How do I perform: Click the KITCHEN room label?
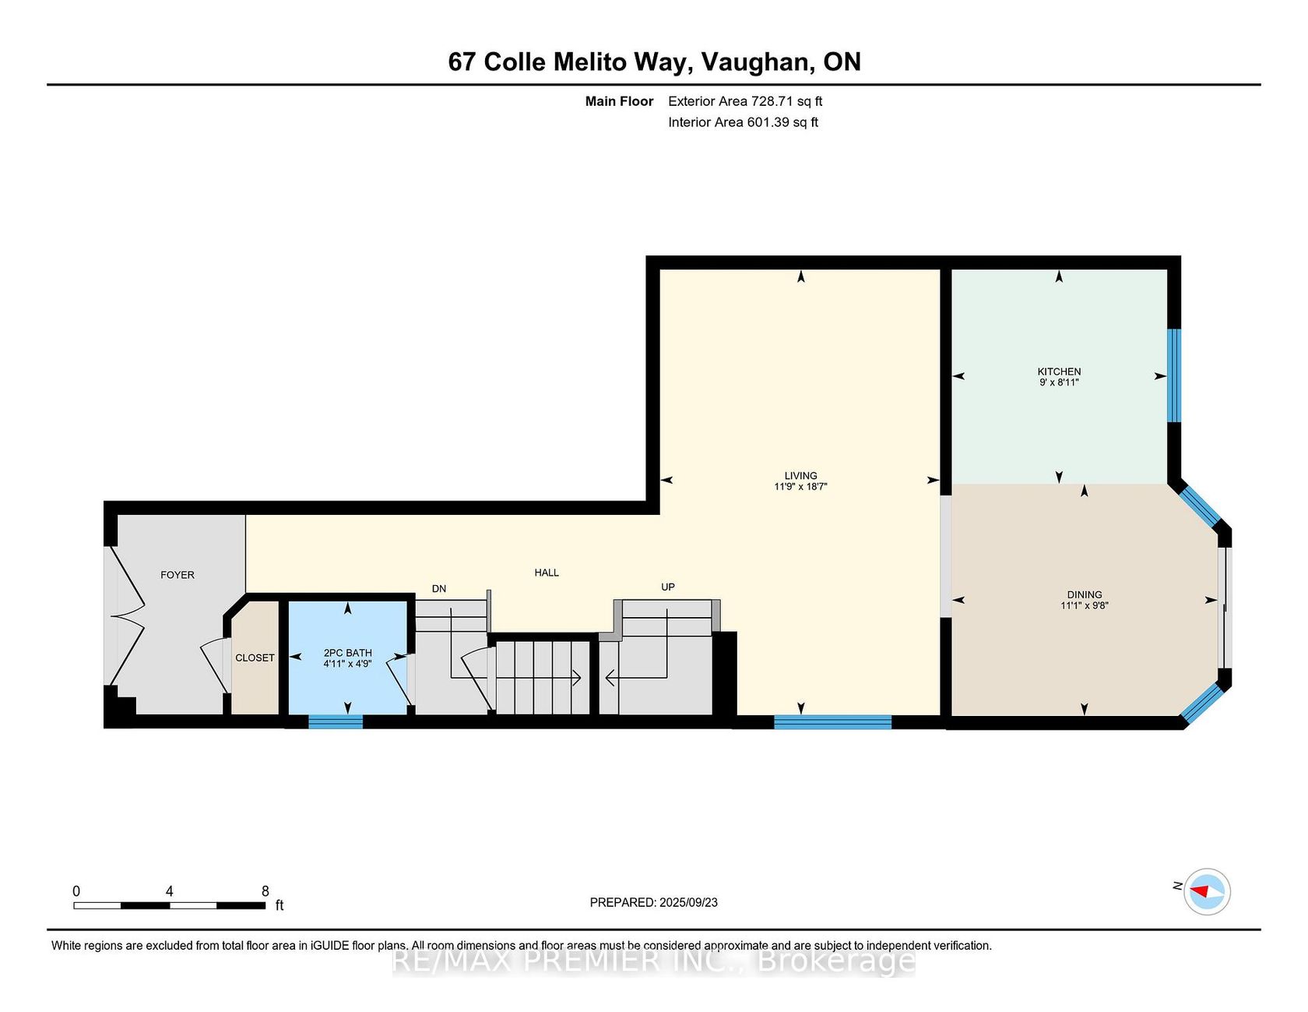click(x=1059, y=372)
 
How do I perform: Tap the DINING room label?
click(x=1085, y=594)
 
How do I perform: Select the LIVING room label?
click(x=801, y=476)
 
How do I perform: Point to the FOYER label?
click(x=178, y=575)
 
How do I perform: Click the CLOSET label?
click(x=255, y=658)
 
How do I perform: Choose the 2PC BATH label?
click(x=348, y=653)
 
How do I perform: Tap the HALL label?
click(x=547, y=573)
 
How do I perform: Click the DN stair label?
click(x=439, y=589)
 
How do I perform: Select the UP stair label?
click(x=668, y=587)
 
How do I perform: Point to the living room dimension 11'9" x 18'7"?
click(x=800, y=487)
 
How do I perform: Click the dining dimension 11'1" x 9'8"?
click(x=1085, y=605)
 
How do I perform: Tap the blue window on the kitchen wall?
click(x=1174, y=376)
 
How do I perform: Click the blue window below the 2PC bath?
click(x=336, y=722)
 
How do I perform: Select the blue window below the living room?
click(x=832, y=722)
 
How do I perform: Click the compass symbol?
click(x=1207, y=891)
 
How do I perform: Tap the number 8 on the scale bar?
click(x=265, y=891)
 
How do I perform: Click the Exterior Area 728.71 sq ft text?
click(x=745, y=101)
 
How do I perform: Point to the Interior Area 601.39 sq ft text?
click(x=743, y=122)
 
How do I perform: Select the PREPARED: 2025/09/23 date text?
click(x=654, y=902)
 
